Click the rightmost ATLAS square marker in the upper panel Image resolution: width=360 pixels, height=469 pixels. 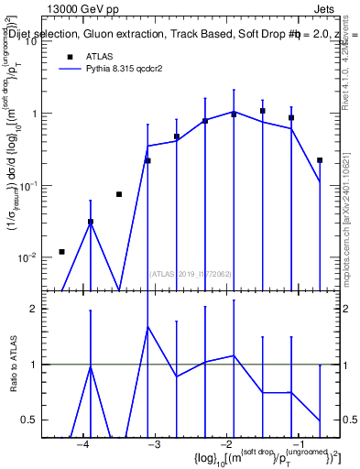coord(320,160)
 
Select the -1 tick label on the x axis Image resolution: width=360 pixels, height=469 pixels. coord(293,444)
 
